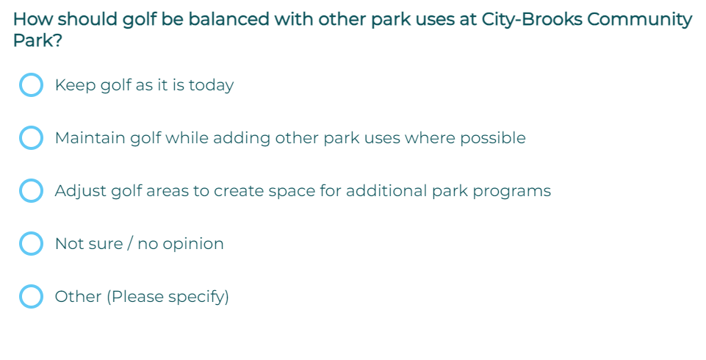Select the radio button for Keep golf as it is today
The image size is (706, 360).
click(31, 84)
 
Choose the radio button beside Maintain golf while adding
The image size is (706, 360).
click(31, 137)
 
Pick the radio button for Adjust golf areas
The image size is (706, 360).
click(31, 190)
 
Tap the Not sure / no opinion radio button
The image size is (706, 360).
click(31, 243)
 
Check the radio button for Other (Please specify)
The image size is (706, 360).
click(31, 296)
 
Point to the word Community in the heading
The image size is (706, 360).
click(639, 20)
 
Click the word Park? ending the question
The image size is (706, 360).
click(37, 40)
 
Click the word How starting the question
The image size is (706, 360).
click(33, 19)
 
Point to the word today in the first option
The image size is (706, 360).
click(211, 85)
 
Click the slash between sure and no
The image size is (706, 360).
click(130, 243)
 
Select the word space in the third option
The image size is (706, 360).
click(292, 192)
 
